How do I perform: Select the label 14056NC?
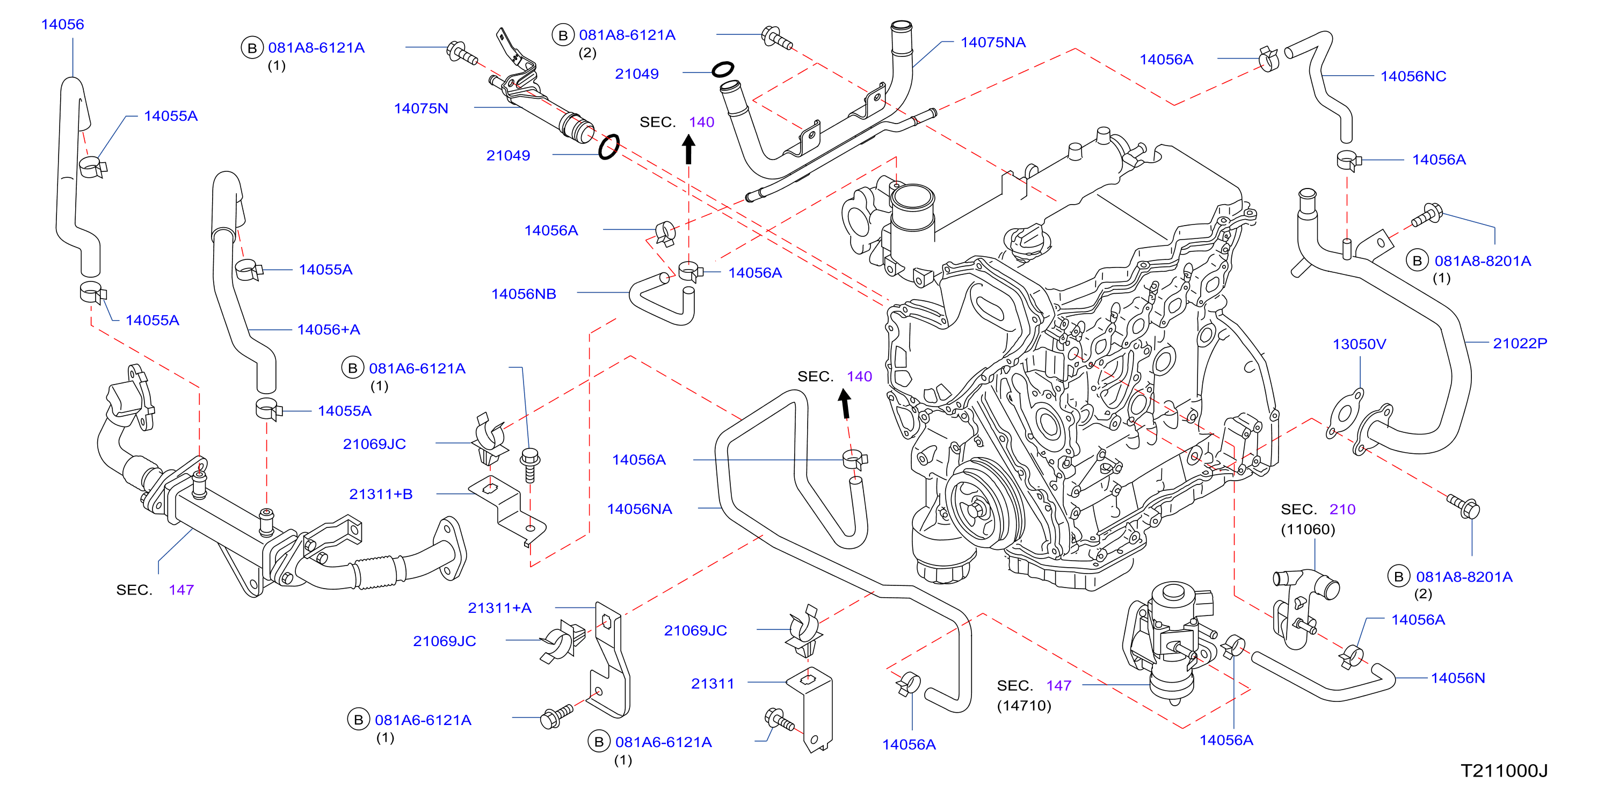click(1413, 76)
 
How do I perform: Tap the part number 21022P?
click(1520, 343)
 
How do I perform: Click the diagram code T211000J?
click(1504, 771)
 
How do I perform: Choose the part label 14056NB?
click(524, 294)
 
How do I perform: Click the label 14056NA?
click(639, 509)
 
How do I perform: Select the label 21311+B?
click(381, 494)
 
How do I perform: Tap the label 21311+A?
click(499, 608)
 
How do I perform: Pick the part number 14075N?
click(421, 108)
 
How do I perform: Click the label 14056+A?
click(329, 329)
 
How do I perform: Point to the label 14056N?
click(1458, 678)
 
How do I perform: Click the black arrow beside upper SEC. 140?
click(689, 150)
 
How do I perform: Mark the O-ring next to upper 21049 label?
click(723, 69)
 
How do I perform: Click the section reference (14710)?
click(1024, 705)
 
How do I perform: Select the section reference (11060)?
click(1308, 529)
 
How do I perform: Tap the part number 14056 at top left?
click(62, 25)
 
